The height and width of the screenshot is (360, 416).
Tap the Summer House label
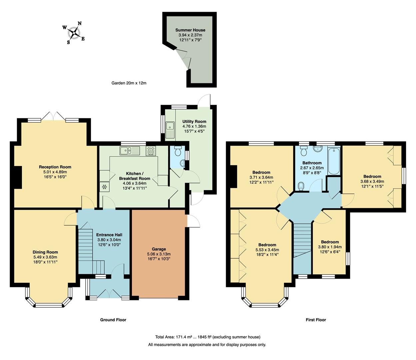click(190, 30)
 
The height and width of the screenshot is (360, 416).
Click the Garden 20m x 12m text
click(129, 83)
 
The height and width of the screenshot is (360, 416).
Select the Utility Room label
click(194, 122)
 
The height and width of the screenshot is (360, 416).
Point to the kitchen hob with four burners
click(151, 151)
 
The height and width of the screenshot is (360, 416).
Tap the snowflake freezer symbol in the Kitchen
click(105, 187)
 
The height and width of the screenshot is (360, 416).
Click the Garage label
click(159, 249)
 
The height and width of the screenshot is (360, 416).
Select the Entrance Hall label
click(109, 235)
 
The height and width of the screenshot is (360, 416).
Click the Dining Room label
click(45, 252)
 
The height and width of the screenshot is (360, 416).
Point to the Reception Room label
click(55, 167)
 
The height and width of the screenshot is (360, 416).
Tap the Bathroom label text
click(312, 163)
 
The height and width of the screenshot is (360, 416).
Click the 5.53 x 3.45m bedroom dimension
click(267, 250)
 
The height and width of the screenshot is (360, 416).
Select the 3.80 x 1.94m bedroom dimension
click(330, 247)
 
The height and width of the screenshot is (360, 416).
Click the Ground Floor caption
click(113, 320)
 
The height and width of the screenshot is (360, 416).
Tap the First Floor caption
click(316, 320)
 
